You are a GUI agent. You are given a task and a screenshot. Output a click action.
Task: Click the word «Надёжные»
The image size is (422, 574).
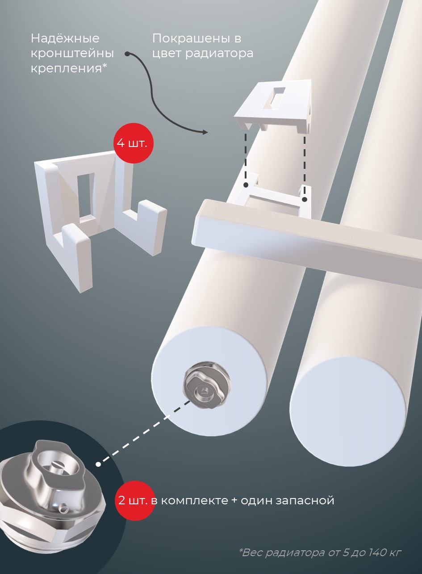(x=65, y=39)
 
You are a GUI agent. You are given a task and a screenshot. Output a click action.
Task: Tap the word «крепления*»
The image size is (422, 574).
(x=69, y=69)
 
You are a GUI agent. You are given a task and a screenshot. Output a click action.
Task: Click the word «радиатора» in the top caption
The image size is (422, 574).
(x=219, y=54)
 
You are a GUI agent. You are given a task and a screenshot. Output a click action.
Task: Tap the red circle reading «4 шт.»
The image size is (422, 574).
(x=134, y=143)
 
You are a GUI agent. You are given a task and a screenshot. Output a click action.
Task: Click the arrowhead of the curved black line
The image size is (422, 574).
(x=205, y=132)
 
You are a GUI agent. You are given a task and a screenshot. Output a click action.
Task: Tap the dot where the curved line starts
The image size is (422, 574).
(x=127, y=54)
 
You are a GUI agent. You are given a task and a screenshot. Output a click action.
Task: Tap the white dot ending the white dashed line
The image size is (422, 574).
(x=98, y=464)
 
